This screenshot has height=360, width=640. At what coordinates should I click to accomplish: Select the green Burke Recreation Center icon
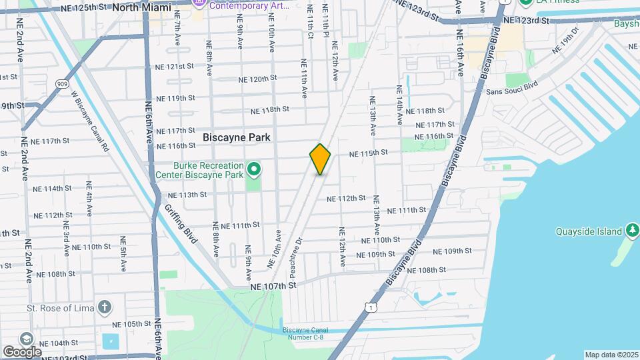point(254,169)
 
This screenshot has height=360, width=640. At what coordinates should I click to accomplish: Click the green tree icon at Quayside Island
point(632,231)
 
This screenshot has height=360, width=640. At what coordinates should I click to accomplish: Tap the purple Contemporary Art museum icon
point(199,4)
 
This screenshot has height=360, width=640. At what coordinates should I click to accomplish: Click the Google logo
point(21,351)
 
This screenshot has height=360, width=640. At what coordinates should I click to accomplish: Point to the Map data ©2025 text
point(611,355)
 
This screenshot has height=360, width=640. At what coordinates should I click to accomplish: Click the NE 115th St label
point(368,153)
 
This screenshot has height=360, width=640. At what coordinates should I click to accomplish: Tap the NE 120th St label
point(257,79)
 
